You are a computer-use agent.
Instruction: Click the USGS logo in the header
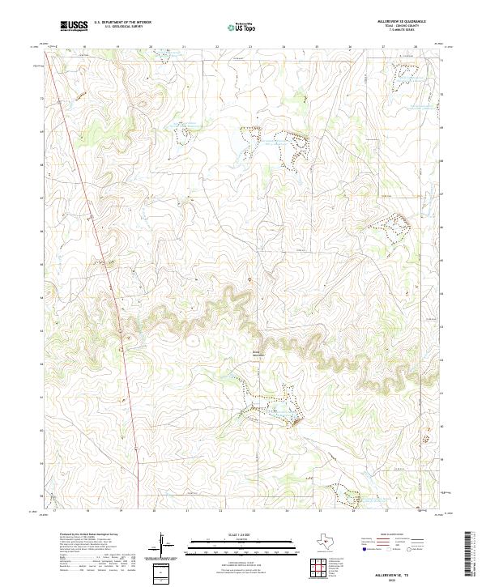pos(74,26)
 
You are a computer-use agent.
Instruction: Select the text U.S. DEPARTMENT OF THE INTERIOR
pos(122,23)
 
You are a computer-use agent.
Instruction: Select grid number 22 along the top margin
pos(218,48)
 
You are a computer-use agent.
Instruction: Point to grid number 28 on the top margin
pos(416,48)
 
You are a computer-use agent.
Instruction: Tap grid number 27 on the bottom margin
pos(386,512)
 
